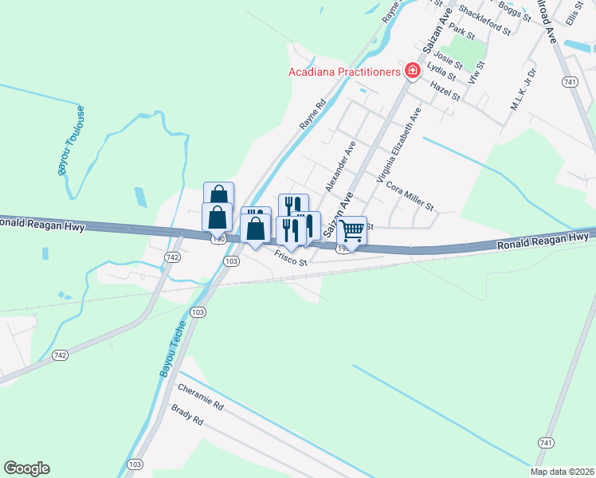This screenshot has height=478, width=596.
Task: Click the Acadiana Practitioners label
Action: point(343,72)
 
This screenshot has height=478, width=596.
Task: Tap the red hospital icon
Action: point(413,72)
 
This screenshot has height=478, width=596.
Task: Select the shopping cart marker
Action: point(351,231)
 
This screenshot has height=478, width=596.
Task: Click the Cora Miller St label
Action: point(409,197)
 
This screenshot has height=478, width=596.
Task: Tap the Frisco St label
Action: point(291,257)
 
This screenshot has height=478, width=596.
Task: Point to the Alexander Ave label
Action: point(339,167)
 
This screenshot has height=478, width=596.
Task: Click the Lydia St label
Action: point(441,72)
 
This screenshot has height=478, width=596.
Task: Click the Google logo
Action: point(26,468)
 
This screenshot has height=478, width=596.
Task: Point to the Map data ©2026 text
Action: point(563,472)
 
